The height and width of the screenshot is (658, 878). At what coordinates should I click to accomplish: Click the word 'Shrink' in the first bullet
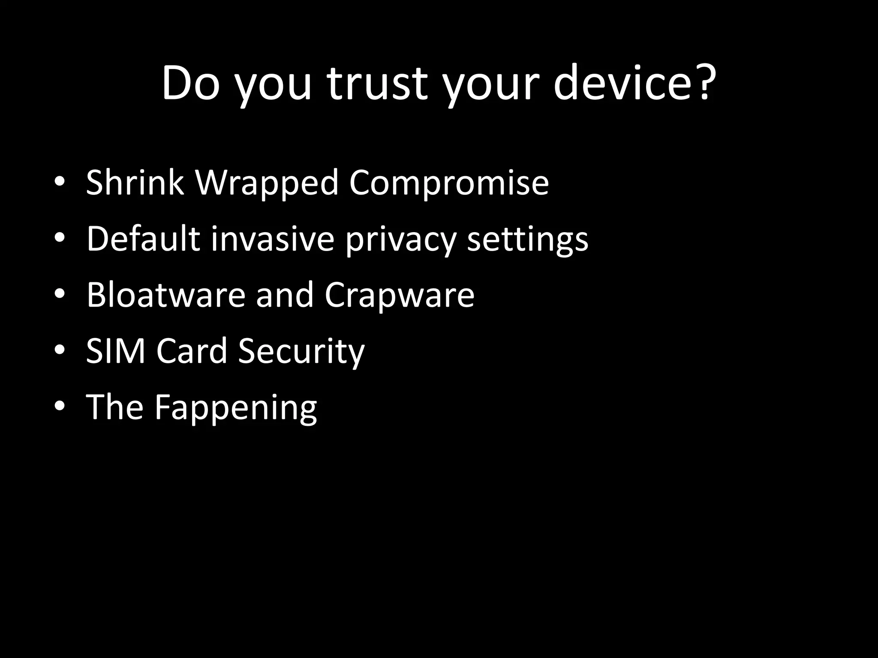(135, 183)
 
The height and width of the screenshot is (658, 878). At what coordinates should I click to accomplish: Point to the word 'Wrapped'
(267, 183)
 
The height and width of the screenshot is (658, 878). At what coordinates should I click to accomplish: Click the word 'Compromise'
(448, 183)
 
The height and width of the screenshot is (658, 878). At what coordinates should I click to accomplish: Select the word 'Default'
(143, 239)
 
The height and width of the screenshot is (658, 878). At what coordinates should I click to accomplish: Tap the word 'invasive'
(272, 239)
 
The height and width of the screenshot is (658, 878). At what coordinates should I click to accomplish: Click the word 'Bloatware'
(165, 295)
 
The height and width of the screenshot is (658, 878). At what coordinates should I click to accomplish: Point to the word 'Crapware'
(399, 296)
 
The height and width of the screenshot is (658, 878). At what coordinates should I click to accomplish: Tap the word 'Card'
(191, 351)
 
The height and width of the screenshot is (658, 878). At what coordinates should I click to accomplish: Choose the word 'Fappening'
(236, 408)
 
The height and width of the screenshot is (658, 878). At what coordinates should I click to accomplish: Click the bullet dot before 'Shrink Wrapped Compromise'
(60, 183)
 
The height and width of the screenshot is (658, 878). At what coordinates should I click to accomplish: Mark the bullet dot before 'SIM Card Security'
(60, 351)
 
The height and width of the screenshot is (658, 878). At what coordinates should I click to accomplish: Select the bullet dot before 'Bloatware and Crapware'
(60, 295)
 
